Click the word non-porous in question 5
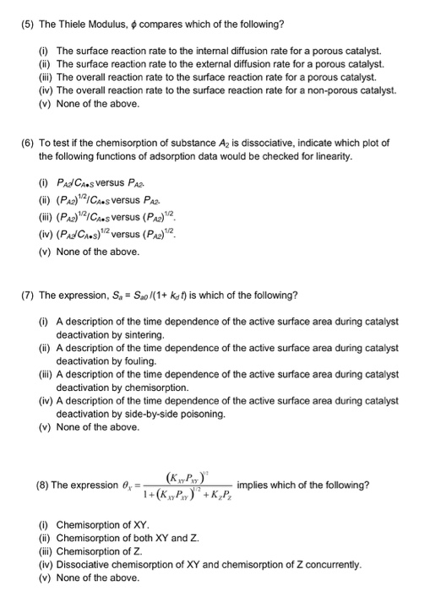point(346,90)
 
